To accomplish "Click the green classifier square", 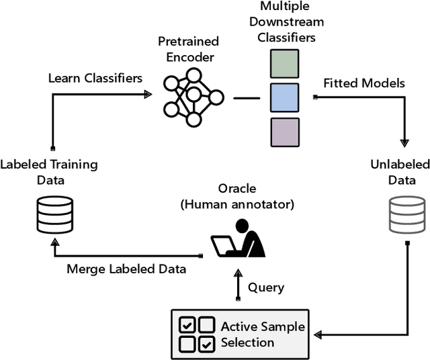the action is pos(285,64).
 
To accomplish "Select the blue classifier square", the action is pos(285,97).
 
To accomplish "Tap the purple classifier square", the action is pos(285,132).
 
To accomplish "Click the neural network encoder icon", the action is pos(193,97).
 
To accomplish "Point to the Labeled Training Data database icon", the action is pos(55,215).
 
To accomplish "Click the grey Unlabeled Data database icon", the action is pos(407,215).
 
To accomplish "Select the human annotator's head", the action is pos(242,226).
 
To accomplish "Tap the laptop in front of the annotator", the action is pos(223,246).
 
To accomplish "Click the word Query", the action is pos(266,288).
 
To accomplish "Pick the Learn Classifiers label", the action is pos(95,78).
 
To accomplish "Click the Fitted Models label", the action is pos(364,83).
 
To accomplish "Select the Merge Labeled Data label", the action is pos(126,269).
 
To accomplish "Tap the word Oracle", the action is pos(237,189).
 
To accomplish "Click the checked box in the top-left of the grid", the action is pos(187,324).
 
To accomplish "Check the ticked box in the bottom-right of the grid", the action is pos(206,344).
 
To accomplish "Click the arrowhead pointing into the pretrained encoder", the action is pos(148,94).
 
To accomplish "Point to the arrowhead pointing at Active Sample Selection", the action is pos(318,334).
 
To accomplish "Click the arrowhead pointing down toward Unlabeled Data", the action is pos(404,143).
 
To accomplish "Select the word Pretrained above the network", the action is pos(188,42).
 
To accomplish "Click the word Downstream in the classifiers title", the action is pos(287,21).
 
